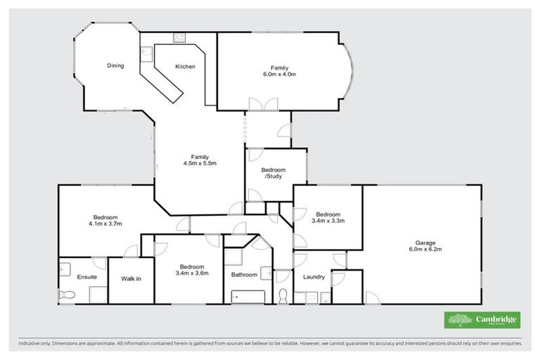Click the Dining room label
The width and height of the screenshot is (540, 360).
pyautogui.click(x=115, y=66)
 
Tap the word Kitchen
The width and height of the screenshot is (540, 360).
pyautogui.click(x=185, y=67)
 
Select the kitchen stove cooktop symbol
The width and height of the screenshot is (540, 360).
pyautogui.click(x=179, y=37)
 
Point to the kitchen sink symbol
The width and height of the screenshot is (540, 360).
pyautogui.click(x=147, y=53)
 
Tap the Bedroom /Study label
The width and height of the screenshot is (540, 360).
pyautogui.click(x=274, y=173)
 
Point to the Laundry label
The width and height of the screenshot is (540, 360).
pyautogui.click(x=314, y=277)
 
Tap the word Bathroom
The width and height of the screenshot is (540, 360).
pyautogui.click(x=244, y=275)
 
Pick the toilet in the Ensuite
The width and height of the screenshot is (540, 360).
pyautogui.click(x=65, y=294)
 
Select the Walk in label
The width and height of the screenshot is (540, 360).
pyautogui.click(x=131, y=279)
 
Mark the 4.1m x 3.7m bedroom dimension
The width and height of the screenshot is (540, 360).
pyautogui.click(x=105, y=224)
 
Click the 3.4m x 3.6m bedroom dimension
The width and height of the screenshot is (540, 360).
pyautogui.click(x=192, y=274)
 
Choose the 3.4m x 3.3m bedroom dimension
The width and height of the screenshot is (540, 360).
pyautogui.click(x=328, y=221)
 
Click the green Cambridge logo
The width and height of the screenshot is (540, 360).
pyautogui.click(x=482, y=320)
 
